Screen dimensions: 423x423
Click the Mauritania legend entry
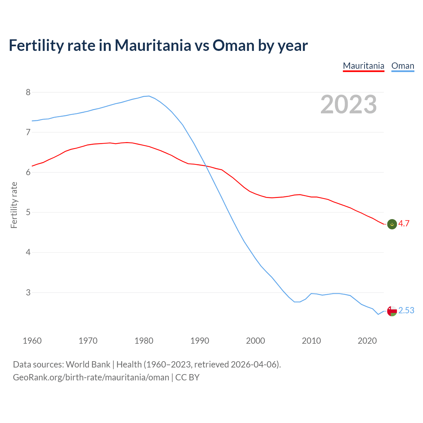tap(364, 66)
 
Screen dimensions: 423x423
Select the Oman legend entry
tap(403, 66)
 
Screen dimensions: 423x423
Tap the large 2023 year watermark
tap(349, 104)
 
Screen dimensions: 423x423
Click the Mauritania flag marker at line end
tap(392, 224)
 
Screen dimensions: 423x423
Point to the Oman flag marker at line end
tap(392, 311)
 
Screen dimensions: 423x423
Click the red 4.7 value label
tap(404, 224)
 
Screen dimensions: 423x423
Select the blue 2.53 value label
tap(406, 311)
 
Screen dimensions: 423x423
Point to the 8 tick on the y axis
tap(28, 92)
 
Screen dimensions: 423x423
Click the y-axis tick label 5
tap(28, 212)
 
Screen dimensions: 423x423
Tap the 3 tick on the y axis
tap(28, 292)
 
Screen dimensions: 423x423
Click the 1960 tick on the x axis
tap(32, 341)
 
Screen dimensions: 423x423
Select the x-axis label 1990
tap(200, 341)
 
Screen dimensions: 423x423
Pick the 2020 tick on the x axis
tap(367, 341)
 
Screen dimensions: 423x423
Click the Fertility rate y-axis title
tap(14, 205)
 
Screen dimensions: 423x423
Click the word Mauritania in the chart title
tap(153, 45)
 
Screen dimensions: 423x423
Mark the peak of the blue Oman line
tap(149, 96)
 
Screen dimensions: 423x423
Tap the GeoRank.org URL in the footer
tap(91, 377)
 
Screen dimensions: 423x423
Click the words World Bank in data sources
tap(88, 365)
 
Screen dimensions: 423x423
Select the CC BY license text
tap(187, 377)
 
